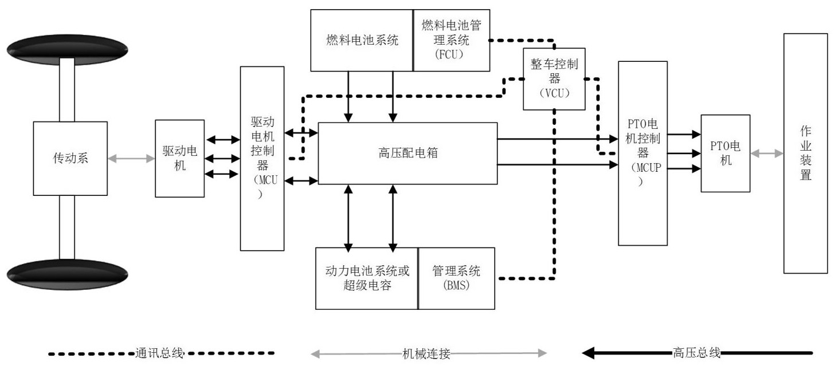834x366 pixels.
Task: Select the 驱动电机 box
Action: (179, 158)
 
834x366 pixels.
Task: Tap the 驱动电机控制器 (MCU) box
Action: (262, 158)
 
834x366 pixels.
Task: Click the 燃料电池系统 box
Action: (361, 40)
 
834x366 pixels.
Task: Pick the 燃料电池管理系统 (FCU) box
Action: (451, 40)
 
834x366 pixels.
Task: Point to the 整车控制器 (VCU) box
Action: (554, 78)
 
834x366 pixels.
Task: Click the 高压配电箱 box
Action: (408, 153)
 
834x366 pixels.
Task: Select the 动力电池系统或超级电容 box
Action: (366, 278)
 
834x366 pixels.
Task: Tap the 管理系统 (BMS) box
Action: (456, 278)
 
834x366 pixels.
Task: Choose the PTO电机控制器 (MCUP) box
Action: (643, 153)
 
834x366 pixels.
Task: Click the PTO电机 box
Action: (725, 153)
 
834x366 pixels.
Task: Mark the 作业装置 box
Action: (805, 153)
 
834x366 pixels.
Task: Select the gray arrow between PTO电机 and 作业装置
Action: (767, 153)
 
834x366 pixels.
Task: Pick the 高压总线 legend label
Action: (696, 353)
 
